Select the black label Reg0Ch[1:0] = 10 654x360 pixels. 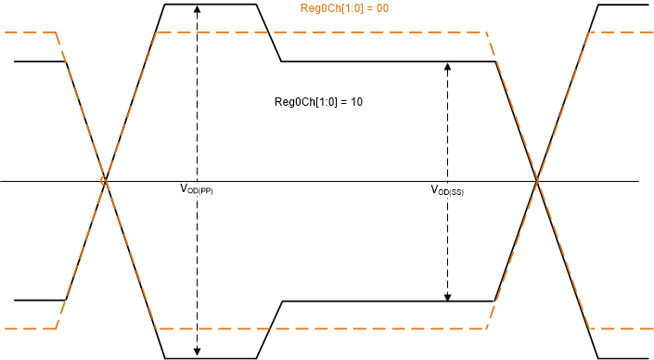(x=318, y=101)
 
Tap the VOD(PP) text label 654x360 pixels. (x=196, y=188)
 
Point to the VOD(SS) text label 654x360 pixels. (x=447, y=190)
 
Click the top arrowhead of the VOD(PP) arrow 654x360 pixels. (x=197, y=8)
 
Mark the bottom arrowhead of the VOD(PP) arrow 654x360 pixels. (x=197, y=354)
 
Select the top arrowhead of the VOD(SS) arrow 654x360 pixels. (x=448, y=66)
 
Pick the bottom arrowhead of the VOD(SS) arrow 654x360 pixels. (x=448, y=297)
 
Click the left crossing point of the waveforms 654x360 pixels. (x=105, y=180)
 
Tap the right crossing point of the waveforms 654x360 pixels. (x=536, y=180)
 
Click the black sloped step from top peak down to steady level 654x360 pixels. (x=269, y=33)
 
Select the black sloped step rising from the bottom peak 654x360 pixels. (x=269, y=329)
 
